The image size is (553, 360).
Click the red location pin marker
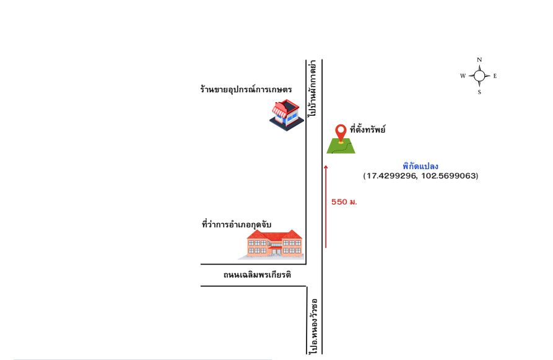341,133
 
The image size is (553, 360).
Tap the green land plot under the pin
341,147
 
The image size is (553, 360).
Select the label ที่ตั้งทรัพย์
367,129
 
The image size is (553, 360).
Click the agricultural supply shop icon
286,115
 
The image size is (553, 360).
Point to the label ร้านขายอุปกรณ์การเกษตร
246,89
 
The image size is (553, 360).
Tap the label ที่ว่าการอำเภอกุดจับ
237,224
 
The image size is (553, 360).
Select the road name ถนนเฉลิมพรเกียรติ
257,274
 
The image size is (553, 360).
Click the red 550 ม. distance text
344,202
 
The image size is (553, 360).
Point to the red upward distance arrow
326,206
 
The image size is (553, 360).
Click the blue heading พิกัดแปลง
420,166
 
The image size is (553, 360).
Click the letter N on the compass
479,60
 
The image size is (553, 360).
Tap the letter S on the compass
479,92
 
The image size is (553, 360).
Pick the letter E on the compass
495,76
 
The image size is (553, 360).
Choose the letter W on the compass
463,76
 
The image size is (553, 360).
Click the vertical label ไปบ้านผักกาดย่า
313,89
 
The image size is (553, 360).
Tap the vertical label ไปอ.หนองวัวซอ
313,326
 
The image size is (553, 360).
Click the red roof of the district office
274,235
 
